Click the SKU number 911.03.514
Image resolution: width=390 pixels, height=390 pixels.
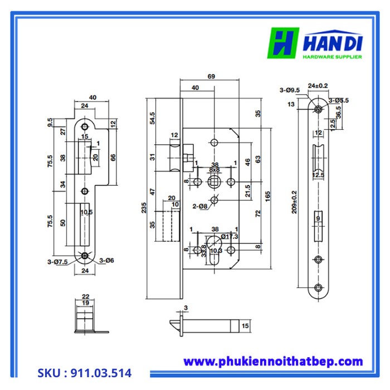tap(85, 373)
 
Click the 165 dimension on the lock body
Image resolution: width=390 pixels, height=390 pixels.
tap(269, 197)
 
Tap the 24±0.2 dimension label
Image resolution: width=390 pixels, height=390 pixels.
tap(318, 86)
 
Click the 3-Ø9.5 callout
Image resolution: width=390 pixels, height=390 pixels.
tap(290, 90)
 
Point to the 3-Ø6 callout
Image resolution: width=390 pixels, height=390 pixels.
tap(107, 260)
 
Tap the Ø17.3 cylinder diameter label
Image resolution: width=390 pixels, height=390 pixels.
tap(229, 237)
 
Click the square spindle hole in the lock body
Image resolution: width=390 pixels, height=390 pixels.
tap(214, 182)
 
